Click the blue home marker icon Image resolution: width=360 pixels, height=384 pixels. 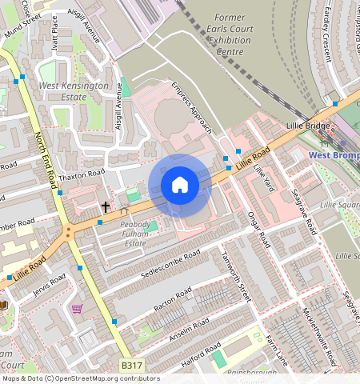(180, 185)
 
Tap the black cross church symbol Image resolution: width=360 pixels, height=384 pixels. (105, 206)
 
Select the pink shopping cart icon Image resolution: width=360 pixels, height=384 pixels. (77, 308)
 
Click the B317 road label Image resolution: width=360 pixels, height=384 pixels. (133, 366)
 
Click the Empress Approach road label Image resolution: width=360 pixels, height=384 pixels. (192, 106)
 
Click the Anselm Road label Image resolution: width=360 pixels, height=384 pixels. (189, 328)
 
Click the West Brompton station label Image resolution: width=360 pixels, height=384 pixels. (334, 155)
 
